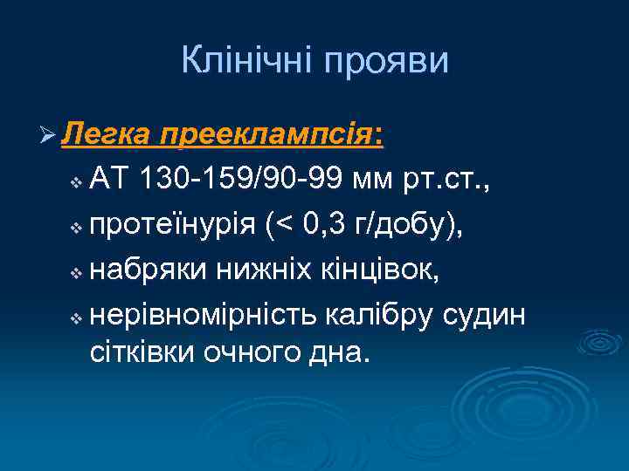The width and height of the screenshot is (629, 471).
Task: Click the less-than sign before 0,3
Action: tap(282, 229)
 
